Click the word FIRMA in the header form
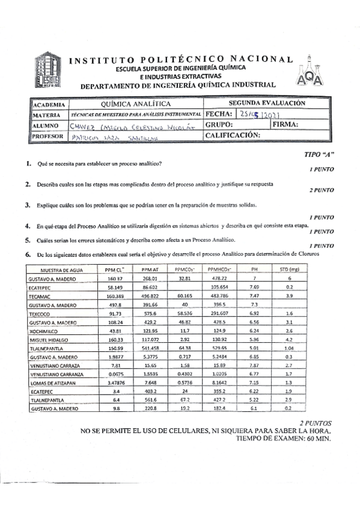click(x=285, y=124)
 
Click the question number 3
click(x=28, y=205)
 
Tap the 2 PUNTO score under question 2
click(x=322, y=190)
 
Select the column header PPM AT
click(x=150, y=270)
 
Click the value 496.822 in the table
click(x=150, y=296)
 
